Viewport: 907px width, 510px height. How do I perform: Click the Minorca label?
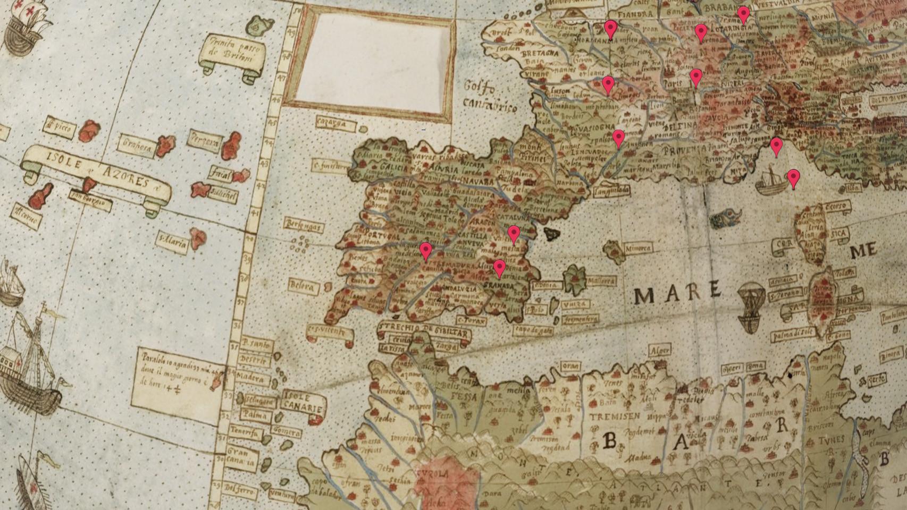coord(637,248)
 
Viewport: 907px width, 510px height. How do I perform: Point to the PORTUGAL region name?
coord(381,234)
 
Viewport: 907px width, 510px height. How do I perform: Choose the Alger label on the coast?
coord(660,351)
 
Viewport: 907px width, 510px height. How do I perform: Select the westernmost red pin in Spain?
coord(426,251)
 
